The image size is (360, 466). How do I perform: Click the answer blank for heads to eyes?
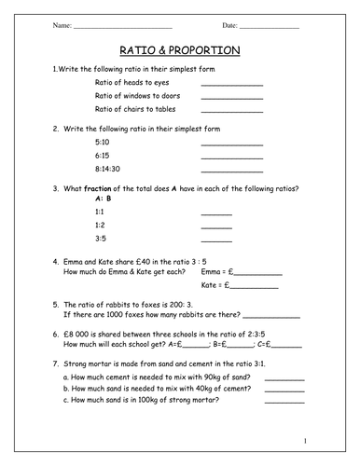tap(232, 86)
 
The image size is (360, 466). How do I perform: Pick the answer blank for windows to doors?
tap(232, 99)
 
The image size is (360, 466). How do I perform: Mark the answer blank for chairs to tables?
tap(232, 113)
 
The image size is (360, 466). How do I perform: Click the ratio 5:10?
tap(103, 143)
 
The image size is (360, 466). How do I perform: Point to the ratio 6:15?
tap(103, 156)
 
